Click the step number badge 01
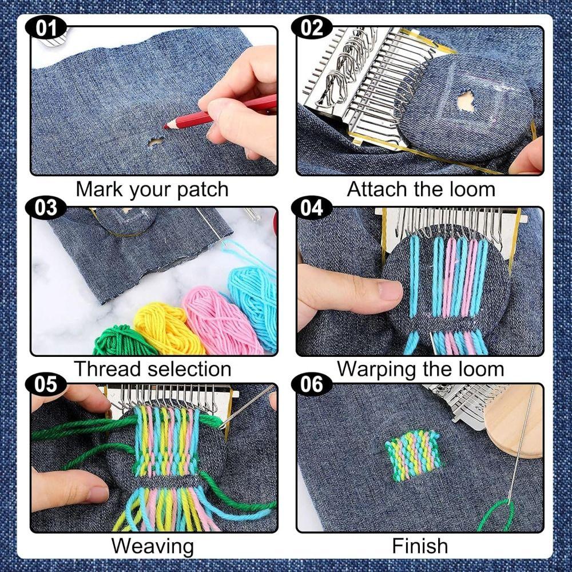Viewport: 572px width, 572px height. click(46, 27)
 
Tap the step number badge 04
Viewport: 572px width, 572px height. click(312, 208)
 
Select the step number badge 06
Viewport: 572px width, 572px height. click(312, 384)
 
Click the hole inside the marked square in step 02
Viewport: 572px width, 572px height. click(466, 102)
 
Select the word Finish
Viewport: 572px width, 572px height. click(419, 546)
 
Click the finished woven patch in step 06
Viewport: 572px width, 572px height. click(413, 455)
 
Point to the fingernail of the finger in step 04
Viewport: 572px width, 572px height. click(390, 291)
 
